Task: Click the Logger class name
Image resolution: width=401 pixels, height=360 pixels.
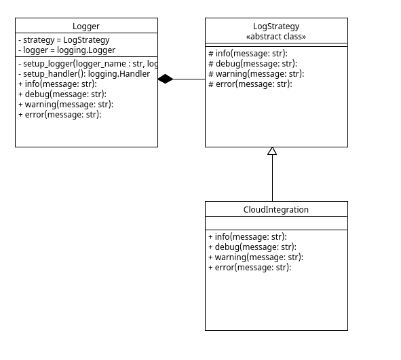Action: (86, 26)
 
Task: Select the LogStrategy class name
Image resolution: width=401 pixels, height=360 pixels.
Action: (276, 26)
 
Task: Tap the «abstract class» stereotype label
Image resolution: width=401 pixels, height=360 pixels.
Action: (276, 37)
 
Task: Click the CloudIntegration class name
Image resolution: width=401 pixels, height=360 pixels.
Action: (276, 210)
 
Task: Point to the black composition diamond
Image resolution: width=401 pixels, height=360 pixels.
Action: (166, 79)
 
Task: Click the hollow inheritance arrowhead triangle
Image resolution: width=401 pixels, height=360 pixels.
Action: (272, 151)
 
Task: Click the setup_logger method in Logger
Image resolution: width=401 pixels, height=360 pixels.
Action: (88, 64)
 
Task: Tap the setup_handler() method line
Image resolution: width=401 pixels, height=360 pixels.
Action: (83, 74)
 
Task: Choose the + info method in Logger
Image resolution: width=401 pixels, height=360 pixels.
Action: (57, 84)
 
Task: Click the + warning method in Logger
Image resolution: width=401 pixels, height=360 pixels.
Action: (65, 105)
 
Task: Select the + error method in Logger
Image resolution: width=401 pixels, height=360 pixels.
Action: (59, 115)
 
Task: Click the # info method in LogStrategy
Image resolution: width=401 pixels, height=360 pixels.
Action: (248, 54)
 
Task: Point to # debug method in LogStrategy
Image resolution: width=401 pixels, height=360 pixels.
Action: (252, 64)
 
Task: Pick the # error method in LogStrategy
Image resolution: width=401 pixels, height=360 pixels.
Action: (250, 84)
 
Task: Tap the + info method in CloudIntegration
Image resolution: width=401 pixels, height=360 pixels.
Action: (247, 237)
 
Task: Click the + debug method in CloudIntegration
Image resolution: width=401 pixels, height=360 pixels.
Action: (252, 247)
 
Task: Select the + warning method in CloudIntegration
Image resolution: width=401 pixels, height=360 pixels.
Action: (255, 257)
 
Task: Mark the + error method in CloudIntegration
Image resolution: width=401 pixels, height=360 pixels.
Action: (249, 268)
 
